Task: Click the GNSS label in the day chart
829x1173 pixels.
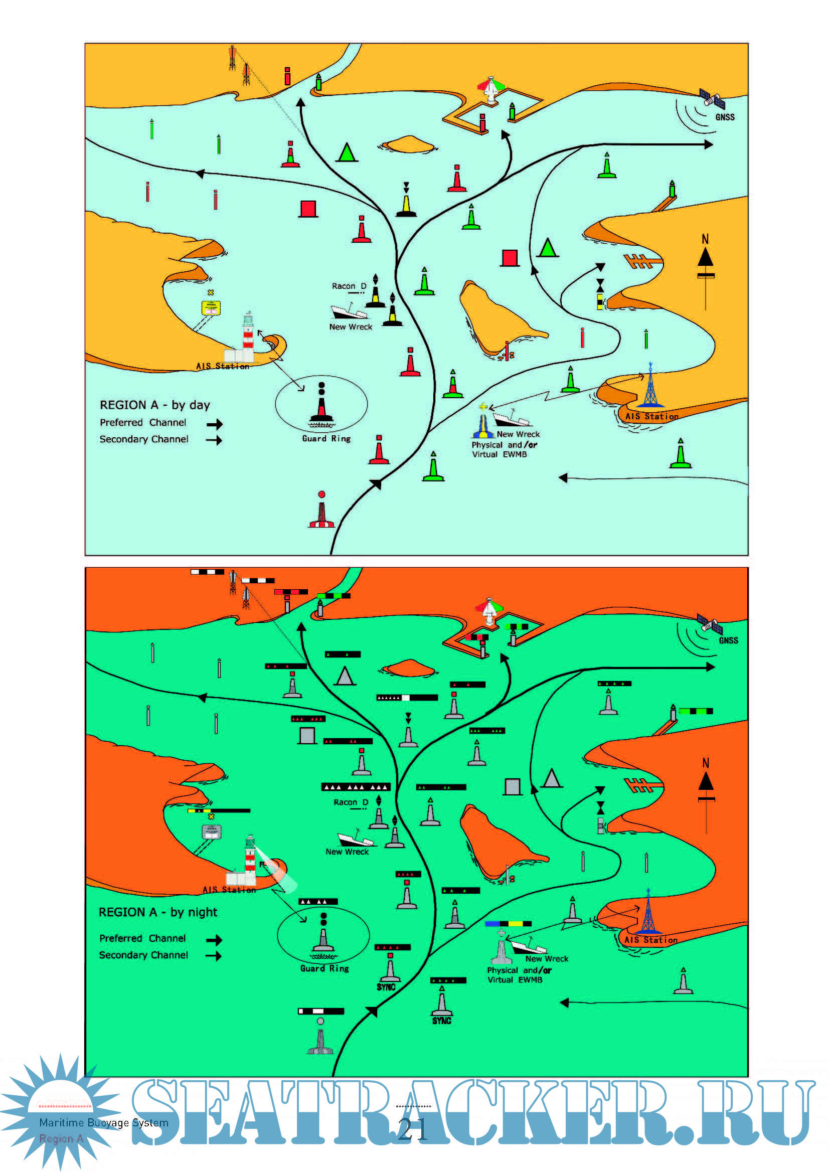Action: (x=725, y=117)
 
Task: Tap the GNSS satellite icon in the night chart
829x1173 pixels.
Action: (x=710, y=624)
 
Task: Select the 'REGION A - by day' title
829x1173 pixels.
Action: (x=155, y=405)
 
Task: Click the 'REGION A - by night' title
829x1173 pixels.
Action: (x=158, y=912)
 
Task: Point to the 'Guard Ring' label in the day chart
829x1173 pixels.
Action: (x=326, y=438)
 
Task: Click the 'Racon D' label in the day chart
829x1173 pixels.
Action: (x=349, y=286)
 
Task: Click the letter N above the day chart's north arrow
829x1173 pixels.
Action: (x=706, y=239)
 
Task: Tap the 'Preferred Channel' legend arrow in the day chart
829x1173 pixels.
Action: (x=215, y=424)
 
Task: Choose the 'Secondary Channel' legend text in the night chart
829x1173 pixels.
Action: (x=143, y=955)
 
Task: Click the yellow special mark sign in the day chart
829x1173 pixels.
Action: (x=211, y=307)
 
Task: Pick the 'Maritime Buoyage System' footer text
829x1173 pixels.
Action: (x=104, y=1122)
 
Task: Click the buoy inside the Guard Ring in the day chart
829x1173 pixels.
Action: (x=322, y=406)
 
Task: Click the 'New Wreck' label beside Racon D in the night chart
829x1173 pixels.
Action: (x=347, y=852)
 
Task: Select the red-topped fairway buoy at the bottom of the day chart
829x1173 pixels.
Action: (x=321, y=511)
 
